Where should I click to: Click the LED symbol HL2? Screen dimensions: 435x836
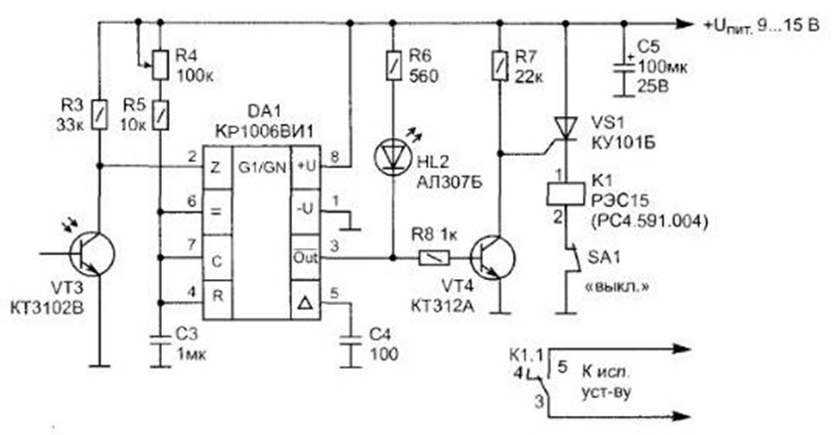tap(394, 157)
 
